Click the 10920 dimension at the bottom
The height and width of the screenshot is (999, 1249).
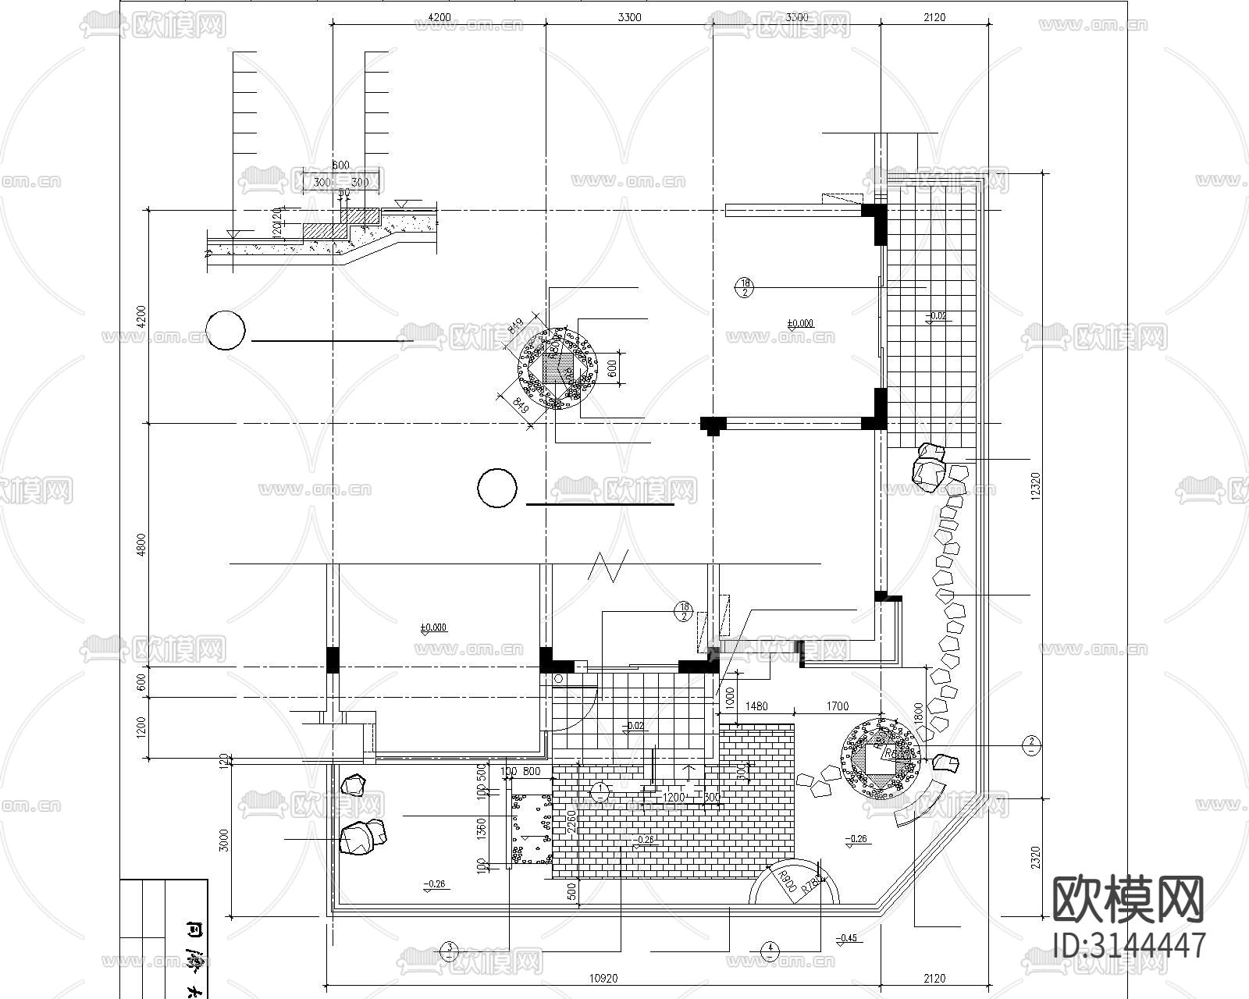602,978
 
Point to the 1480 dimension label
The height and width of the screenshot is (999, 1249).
756,706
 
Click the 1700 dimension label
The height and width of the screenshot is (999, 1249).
836,706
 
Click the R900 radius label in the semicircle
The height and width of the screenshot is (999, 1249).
786,882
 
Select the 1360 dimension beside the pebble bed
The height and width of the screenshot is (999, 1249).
482,830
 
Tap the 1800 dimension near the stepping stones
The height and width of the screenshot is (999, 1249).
918,713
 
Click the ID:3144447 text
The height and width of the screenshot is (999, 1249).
1129,945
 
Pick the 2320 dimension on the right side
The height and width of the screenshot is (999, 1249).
1036,858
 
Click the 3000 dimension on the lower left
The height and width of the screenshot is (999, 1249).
225,840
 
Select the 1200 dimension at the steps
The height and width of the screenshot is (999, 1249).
673,798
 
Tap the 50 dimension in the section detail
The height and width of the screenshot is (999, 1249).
344,192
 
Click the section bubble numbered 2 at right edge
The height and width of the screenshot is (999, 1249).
1031,745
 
